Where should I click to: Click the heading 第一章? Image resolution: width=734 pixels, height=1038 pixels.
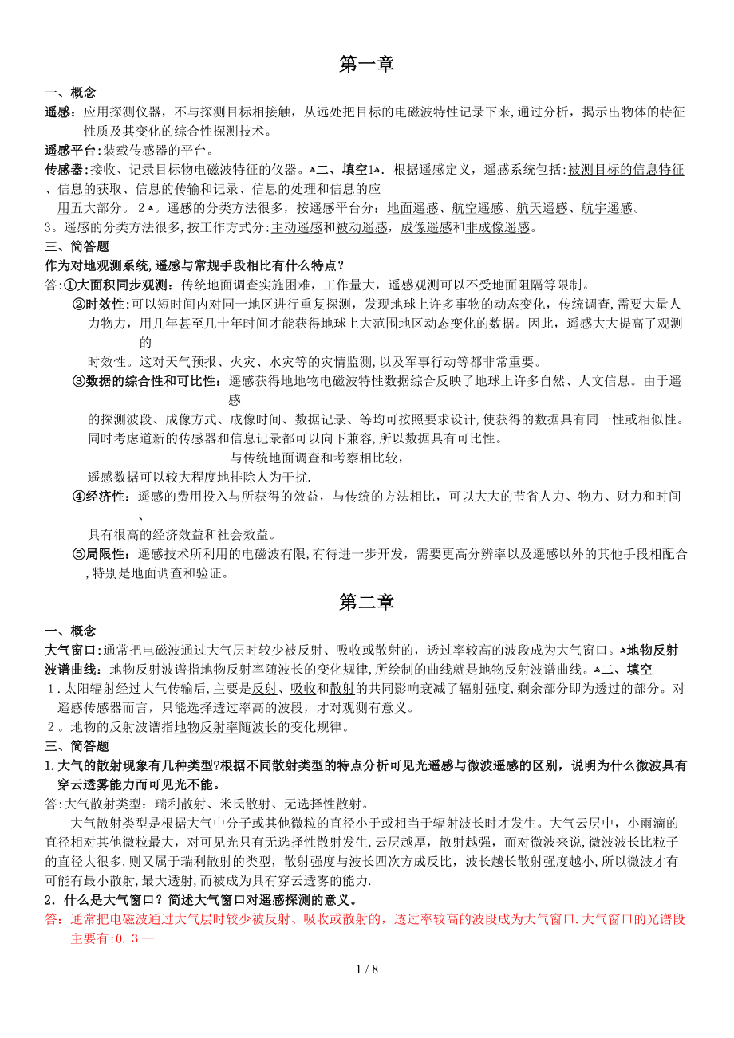(366, 65)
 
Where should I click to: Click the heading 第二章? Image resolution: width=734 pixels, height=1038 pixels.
(366, 603)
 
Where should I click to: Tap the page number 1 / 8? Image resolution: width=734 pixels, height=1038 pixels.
(367, 969)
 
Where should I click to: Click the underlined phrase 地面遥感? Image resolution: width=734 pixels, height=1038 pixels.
(412, 209)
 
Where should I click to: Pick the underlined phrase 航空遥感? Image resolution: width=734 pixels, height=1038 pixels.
(477, 209)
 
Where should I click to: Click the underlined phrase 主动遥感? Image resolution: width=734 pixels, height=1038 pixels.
(297, 228)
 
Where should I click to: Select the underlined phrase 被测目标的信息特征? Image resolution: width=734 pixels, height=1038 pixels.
(625, 170)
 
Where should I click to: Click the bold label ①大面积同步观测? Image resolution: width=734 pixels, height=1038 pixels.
(118, 285)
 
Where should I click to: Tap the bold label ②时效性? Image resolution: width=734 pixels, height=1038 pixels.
(100, 305)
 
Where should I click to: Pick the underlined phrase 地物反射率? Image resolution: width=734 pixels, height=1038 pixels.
(206, 726)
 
